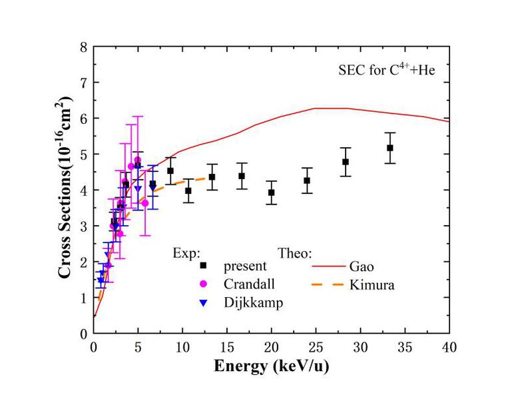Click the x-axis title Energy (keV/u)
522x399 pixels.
point(272,366)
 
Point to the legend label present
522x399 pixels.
point(245,266)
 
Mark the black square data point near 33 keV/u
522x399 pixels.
point(390,148)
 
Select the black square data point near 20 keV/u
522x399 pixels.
point(272,193)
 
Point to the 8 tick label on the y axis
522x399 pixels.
point(84,47)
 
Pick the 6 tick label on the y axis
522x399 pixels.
point(84,119)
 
